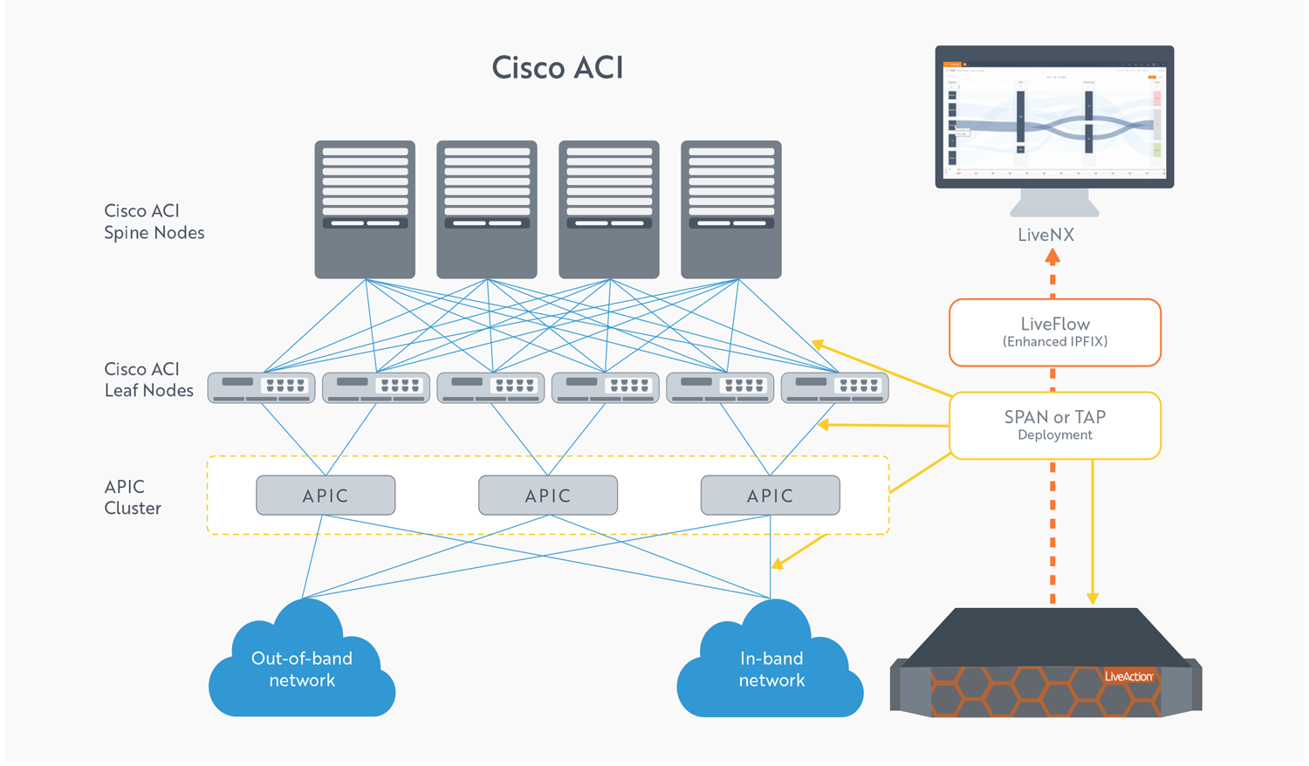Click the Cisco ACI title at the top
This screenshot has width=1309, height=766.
[558, 68]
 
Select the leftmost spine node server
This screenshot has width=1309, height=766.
[365, 209]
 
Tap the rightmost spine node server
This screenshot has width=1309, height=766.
[731, 209]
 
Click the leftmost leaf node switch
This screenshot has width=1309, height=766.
[261, 387]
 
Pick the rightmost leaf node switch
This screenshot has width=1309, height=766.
[834, 387]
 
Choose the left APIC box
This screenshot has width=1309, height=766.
[326, 496]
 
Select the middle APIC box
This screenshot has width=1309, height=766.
[548, 496]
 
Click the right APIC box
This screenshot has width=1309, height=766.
[771, 496]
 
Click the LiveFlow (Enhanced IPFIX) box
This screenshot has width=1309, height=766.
[1055, 332]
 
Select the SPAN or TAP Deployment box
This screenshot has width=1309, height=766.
[1055, 425]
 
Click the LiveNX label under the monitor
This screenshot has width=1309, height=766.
[1045, 235]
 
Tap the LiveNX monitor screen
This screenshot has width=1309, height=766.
[1054, 117]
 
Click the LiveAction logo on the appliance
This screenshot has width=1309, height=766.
[1128, 676]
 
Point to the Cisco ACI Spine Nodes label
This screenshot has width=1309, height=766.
[154, 222]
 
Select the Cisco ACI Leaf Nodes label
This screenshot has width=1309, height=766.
[148, 380]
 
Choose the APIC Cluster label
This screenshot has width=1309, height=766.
[133, 497]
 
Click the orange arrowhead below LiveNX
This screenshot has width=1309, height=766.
[1052, 257]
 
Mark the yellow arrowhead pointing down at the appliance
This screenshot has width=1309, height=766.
[1093, 598]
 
